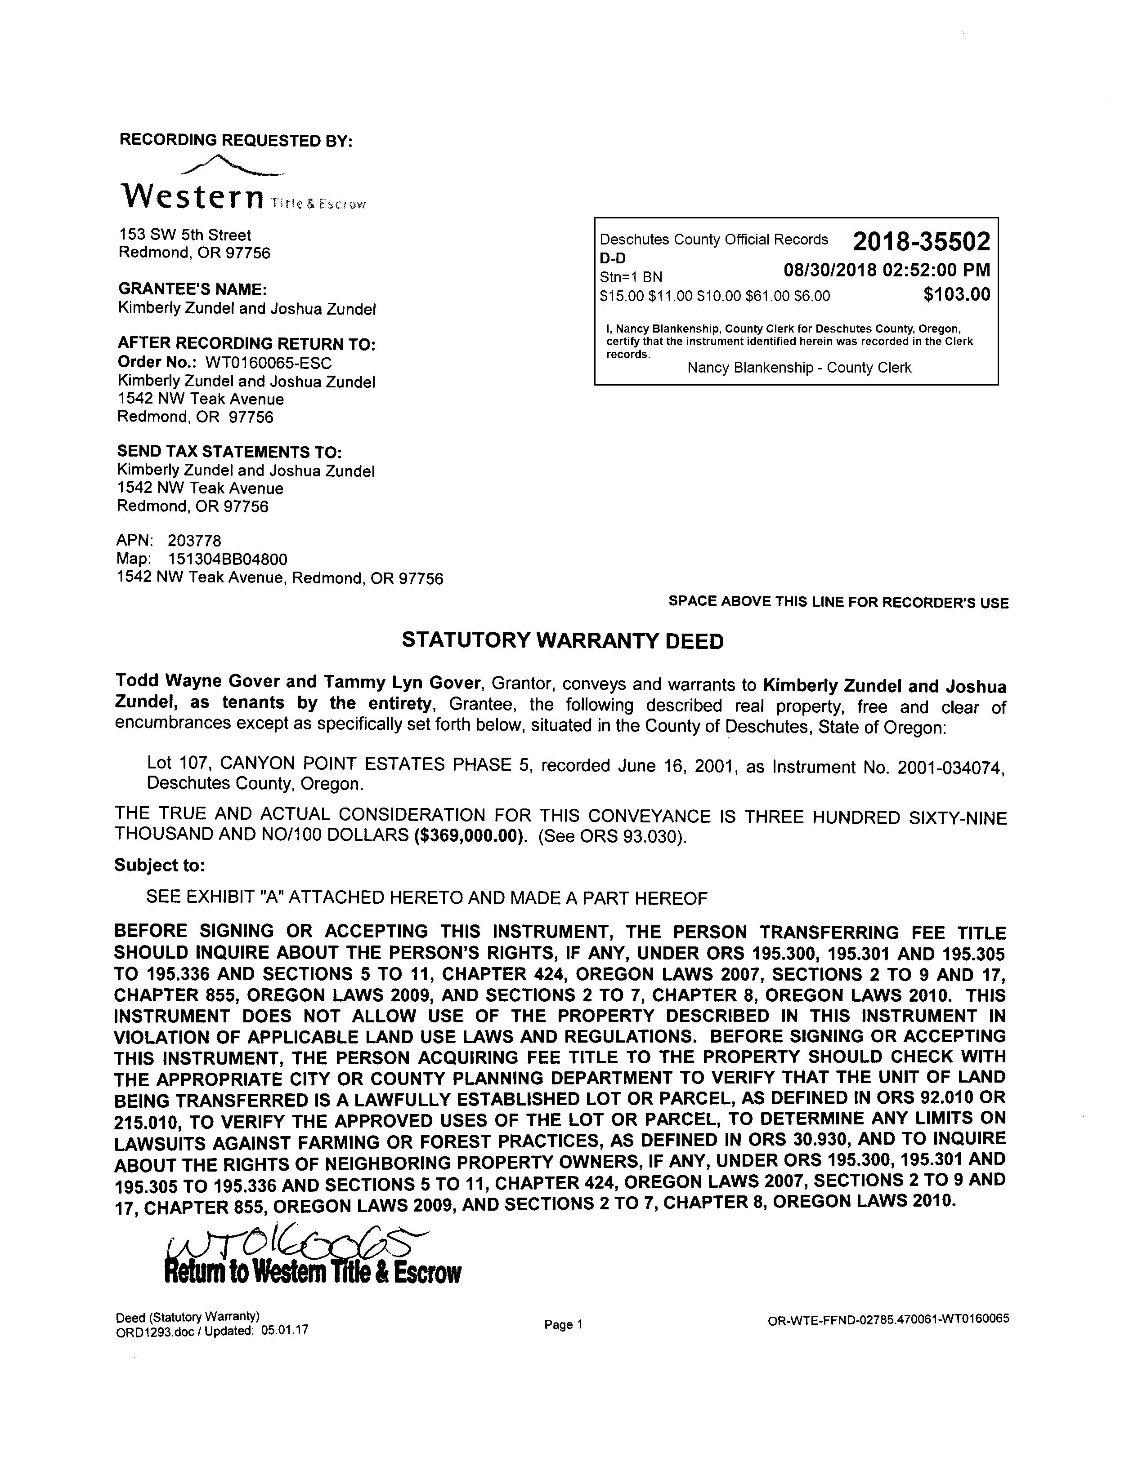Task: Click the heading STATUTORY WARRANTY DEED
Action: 563,640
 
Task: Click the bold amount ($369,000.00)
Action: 469,836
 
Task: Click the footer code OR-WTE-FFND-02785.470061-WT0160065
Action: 888,1319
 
